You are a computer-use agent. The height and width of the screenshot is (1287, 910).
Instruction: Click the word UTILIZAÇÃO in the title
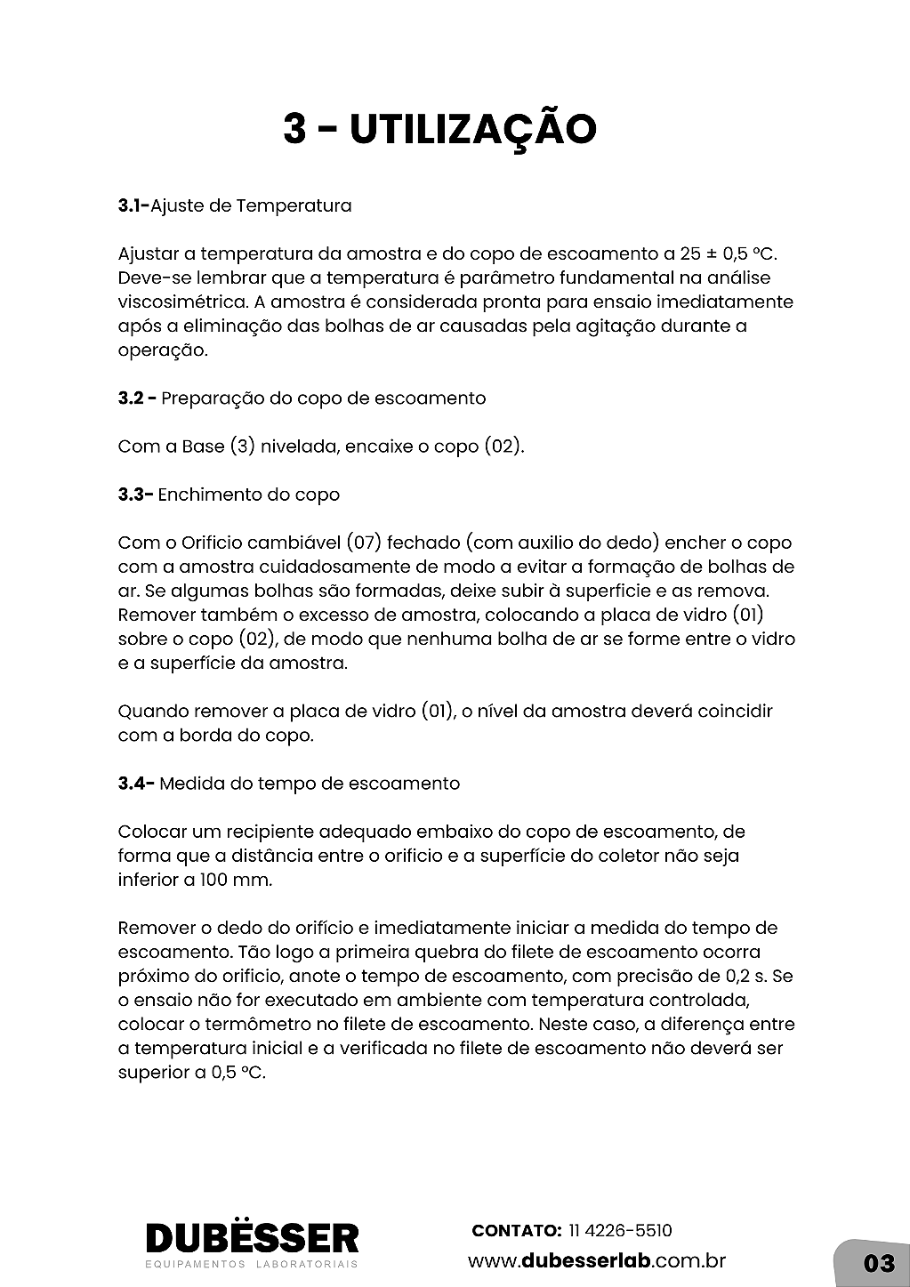(x=472, y=130)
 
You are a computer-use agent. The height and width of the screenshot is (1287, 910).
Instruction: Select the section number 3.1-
(x=133, y=206)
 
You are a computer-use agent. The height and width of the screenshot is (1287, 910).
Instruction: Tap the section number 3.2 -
(x=137, y=398)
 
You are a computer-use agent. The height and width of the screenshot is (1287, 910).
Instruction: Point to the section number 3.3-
(x=135, y=495)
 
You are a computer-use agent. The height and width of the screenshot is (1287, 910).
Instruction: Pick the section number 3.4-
(x=136, y=784)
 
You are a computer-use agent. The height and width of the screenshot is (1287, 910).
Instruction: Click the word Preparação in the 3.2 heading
(x=213, y=398)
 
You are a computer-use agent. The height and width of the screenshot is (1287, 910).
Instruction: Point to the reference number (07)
(x=363, y=543)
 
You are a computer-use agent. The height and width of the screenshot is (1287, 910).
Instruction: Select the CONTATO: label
(x=516, y=1231)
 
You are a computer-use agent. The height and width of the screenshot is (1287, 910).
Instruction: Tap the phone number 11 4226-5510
(x=620, y=1231)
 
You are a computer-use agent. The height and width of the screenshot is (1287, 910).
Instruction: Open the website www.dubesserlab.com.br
(x=597, y=1261)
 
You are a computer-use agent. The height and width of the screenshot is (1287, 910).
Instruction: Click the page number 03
(x=878, y=1263)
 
